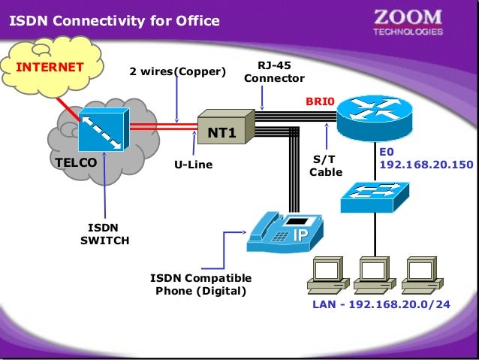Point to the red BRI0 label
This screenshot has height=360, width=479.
(x=319, y=100)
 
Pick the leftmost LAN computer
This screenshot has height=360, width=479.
(x=329, y=277)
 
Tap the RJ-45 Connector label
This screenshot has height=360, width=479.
(x=274, y=72)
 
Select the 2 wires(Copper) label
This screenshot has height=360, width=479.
(x=177, y=72)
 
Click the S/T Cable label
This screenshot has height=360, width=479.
(x=326, y=165)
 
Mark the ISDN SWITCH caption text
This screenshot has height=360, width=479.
(x=104, y=234)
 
